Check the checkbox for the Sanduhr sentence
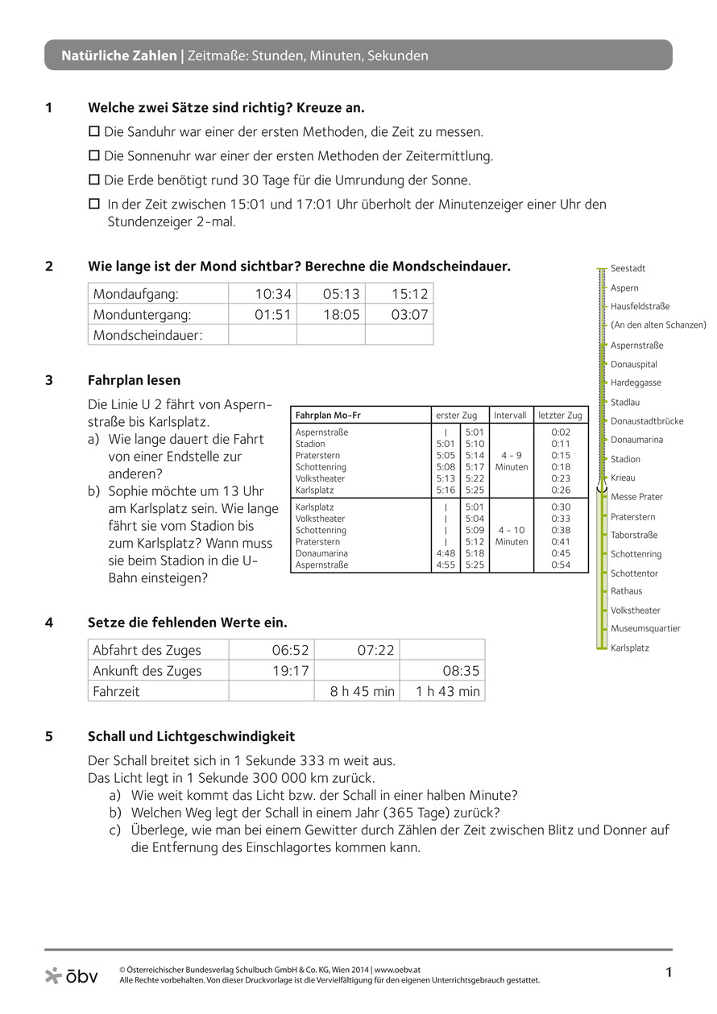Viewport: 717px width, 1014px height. (93, 130)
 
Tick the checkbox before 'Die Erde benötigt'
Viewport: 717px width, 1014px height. (93, 179)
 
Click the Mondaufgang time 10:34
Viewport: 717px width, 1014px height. (272, 294)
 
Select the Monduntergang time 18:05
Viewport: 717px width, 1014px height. (341, 315)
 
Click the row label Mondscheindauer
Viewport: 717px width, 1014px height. (148, 335)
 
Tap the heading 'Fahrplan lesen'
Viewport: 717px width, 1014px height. (134, 379)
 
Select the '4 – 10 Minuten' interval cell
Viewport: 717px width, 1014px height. (512, 536)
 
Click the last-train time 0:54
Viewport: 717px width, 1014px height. (561, 565)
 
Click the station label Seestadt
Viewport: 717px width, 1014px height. (628, 268)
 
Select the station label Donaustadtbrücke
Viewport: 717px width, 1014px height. (647, 421)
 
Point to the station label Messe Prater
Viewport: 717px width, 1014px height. (636, 497)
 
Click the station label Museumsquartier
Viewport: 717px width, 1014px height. (645, 628)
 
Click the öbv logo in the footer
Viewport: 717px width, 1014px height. (72, 975)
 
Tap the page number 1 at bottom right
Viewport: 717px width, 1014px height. (668, 973)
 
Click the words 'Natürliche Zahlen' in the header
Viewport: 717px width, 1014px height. (119, 56)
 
